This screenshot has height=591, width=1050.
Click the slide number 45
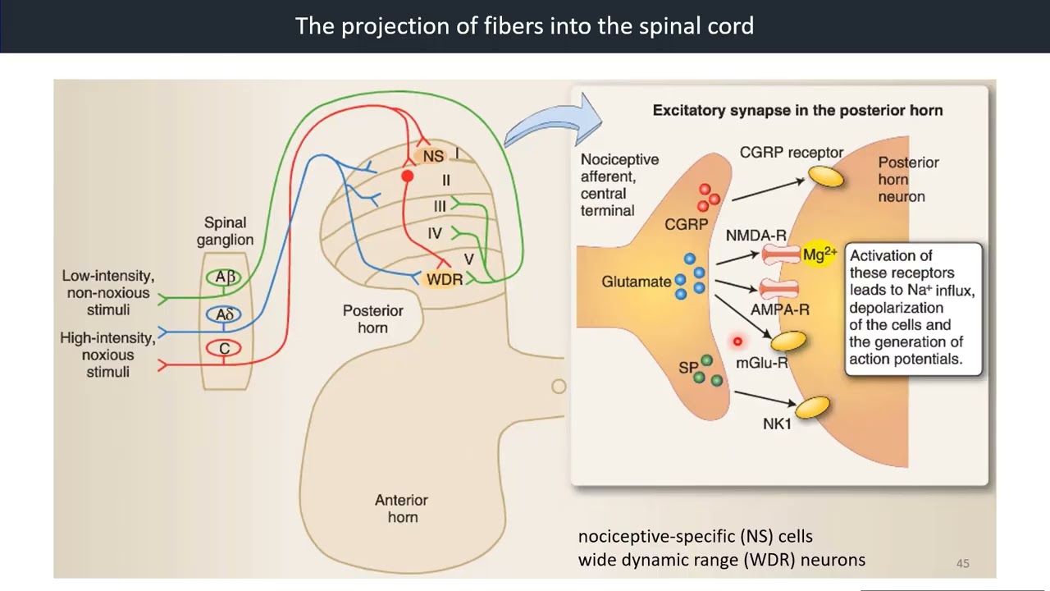962,563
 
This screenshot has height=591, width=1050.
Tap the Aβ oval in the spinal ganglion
225,277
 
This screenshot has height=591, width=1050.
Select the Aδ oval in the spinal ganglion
225,314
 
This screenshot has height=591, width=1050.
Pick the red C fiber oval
224,349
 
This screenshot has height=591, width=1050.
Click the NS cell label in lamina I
433,156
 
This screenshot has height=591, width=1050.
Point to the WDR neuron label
445,280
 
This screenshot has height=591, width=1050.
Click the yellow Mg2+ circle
819,254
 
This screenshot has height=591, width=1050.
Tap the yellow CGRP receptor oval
825,176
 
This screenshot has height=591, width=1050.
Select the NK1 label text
777,424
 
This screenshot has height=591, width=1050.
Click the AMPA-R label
779,310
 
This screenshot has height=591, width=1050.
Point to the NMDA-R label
756,236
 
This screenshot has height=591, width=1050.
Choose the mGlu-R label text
761,363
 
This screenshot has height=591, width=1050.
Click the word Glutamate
636,282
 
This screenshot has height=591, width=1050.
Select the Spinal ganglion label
225,231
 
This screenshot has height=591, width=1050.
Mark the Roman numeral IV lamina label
435,234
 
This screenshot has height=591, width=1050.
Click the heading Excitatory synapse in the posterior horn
797,110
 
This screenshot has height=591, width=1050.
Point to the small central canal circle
559,386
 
